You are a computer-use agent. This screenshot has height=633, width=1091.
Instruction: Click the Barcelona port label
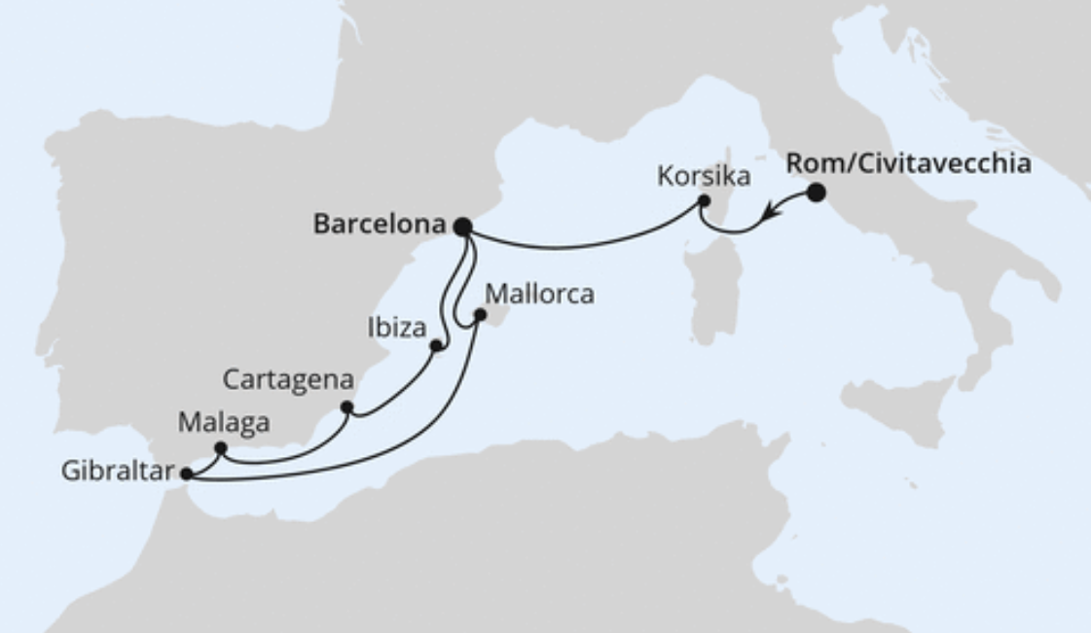(379, 225)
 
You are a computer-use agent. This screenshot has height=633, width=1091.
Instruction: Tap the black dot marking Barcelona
(463, 227)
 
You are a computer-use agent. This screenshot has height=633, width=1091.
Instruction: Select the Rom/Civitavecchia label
(908, 163)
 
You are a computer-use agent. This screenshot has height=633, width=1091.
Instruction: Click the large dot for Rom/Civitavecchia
(816, 193)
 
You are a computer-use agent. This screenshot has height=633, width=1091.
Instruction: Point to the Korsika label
(703, 177)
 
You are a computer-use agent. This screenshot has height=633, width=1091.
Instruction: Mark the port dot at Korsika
(704, 201)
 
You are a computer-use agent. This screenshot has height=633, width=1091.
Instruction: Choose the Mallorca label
(538, 294)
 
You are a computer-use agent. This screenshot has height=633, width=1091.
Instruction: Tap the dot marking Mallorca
(479, 315)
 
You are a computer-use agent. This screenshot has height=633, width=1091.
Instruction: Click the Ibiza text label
(397, 328)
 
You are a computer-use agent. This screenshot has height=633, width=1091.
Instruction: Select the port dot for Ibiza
(436, 345)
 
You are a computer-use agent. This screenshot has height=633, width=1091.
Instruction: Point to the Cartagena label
(287, 379)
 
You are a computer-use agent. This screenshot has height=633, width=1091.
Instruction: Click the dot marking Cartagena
(346, 407)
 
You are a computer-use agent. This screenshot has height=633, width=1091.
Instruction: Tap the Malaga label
(224, 423)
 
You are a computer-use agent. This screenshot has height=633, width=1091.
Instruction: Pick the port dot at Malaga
(220, 448)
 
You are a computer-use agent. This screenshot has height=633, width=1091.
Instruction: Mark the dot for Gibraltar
(187, 475)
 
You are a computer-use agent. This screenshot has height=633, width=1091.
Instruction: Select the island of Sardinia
(715, 288)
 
